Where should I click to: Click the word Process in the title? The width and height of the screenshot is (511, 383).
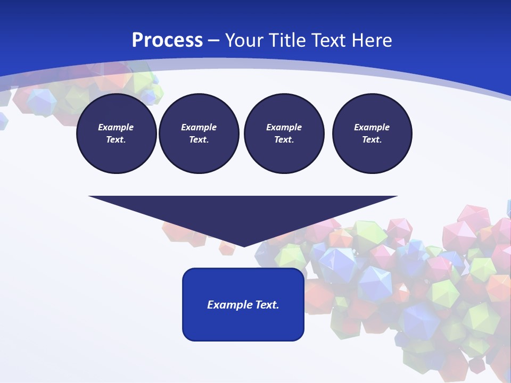(167, 40)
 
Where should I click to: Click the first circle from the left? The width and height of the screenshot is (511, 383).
(116, 134)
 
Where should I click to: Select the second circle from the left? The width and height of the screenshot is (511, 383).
(199, 134)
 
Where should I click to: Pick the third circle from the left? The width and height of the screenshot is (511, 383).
(284, 134)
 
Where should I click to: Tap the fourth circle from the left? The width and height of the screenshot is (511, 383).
(372, 134)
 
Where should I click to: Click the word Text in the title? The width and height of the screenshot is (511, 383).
(331, 40)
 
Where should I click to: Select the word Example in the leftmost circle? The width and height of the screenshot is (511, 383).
(116, 127)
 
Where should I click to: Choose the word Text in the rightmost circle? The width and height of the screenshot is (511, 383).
(372, 140)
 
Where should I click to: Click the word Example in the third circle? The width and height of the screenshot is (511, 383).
(284, 127)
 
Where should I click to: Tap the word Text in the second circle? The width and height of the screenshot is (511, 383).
(199, 140)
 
